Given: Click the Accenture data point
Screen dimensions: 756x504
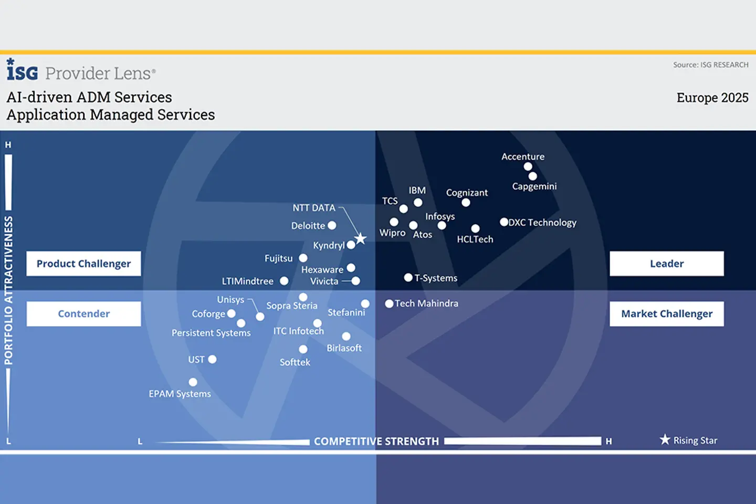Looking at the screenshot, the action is coord(528,166).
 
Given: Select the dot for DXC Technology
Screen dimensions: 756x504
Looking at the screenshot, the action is coord(504,222).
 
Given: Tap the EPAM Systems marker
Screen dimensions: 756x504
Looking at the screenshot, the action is coord(193,382).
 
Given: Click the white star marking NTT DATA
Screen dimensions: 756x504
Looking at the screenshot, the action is coord(361,239).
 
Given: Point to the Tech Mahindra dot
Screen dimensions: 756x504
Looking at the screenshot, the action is coord(389,303).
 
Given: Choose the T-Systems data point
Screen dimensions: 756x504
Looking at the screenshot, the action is coord(408,278).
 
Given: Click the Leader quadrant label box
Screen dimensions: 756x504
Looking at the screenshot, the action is coord(667,264).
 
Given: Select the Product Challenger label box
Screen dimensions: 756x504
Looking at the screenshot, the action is coord(83,264).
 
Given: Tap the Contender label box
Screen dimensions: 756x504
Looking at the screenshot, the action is coord(83,314).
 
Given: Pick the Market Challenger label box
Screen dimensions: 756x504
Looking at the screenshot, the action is coord(667,314).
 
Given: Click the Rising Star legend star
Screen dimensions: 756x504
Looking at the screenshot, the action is coord(665,439).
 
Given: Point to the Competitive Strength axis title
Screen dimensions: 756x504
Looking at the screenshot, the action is coord(376,441).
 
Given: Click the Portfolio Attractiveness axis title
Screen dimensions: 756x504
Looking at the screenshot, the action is coord(8,290).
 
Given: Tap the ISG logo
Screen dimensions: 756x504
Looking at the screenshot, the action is coord(22,69).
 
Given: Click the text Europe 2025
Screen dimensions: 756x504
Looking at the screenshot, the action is coord(712,98).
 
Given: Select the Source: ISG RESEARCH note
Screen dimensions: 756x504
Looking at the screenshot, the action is coord(710,65).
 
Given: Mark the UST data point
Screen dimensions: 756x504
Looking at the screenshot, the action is coord(212,359).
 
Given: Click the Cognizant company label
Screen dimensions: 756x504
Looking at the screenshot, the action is coord(467,193).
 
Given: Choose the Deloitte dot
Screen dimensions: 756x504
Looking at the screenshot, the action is coord(332,225).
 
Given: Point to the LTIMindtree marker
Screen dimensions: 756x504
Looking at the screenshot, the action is coord(284,281).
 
